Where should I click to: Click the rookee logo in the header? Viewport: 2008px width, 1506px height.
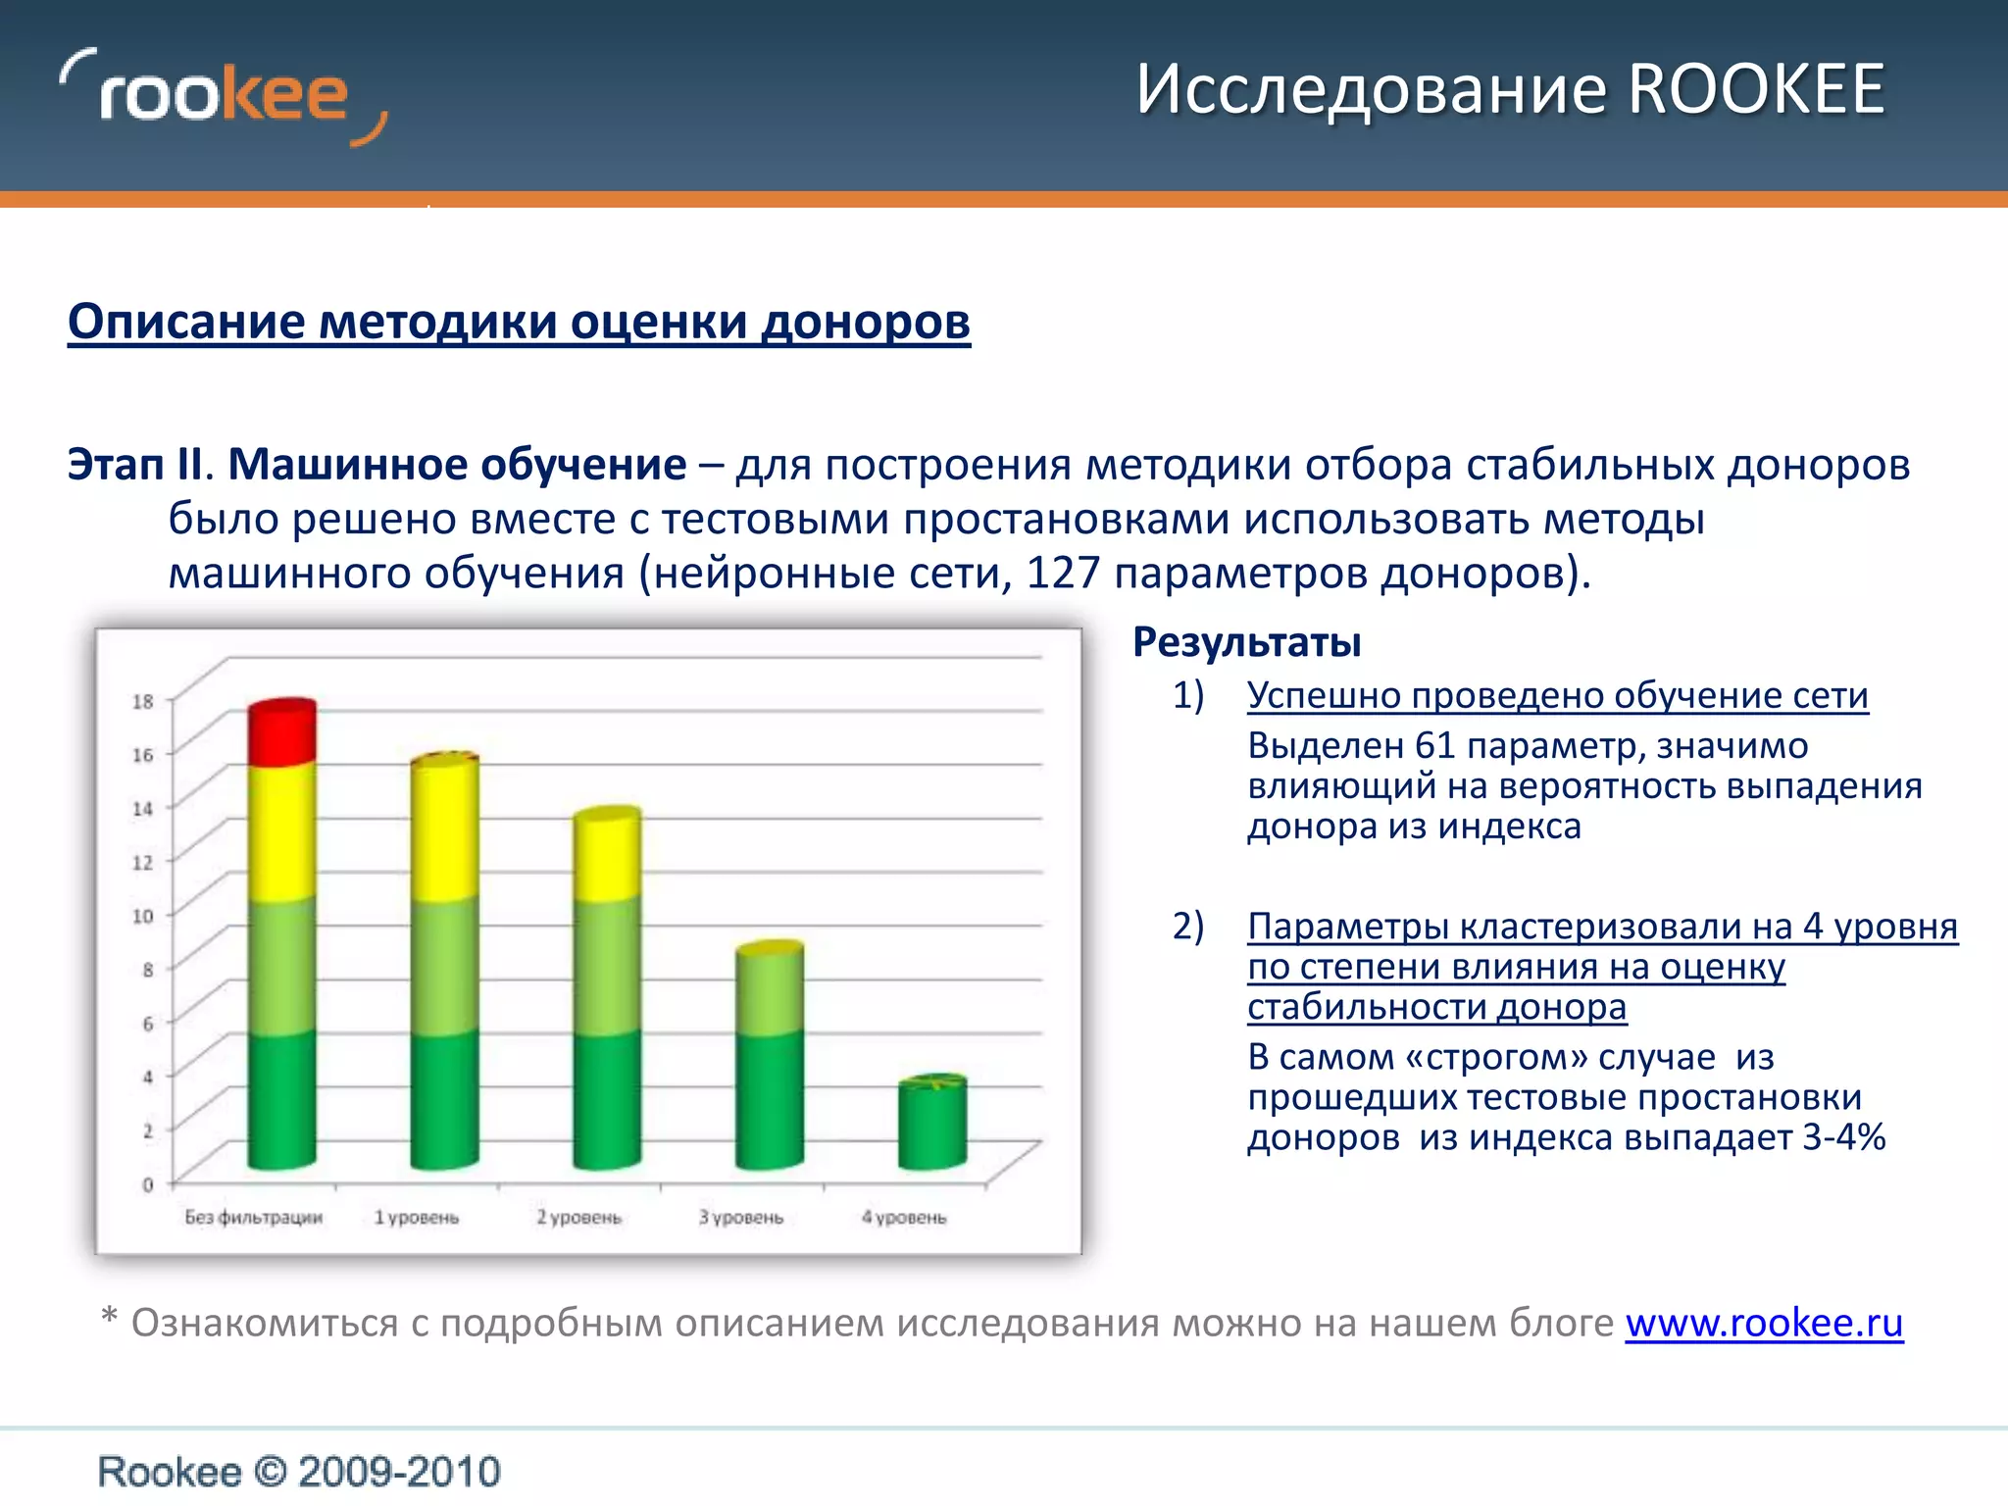pyautogui.click(x=224, y=96)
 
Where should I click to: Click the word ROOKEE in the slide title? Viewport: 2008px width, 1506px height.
pyautogui.click(x=1756, y=90)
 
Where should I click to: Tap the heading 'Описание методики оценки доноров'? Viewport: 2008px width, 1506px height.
pyautogui.click(x=519, y=322)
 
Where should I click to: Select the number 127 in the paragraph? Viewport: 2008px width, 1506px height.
pyautogui.click(x=1063, y=574)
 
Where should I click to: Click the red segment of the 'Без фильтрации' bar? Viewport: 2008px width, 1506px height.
pyautogui.click(x=281, y=733)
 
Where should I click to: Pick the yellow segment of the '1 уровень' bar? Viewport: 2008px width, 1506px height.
pyautogui.click(x=444, y=828)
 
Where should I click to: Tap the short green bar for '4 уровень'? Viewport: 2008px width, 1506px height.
pyautogui.click(x=932, y=1124)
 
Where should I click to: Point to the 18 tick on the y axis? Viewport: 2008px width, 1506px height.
pyautogui.click(x=143, y=701)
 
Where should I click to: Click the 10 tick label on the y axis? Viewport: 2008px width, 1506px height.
pyautogui.click(x=143, y=916)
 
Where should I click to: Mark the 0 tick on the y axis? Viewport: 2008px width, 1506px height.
pyautogui.click(x=148, y=1184)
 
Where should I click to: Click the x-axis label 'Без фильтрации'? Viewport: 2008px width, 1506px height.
pyautogui.click(x=254, y=1218)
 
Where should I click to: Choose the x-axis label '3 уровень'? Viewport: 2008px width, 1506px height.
pyautogui.click(x=741, y=1218)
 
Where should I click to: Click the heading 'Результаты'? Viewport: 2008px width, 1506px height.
pyautogui.click(x=1246, y=642)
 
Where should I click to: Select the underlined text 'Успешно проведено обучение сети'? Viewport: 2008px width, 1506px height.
pyautogui.click(x=1557, y=695)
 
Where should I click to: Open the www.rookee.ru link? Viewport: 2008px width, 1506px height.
pyautogui.click(x=1764, y=1323)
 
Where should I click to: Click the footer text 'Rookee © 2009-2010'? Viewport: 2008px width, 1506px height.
pyautogui.click(x=299, y=1472)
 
